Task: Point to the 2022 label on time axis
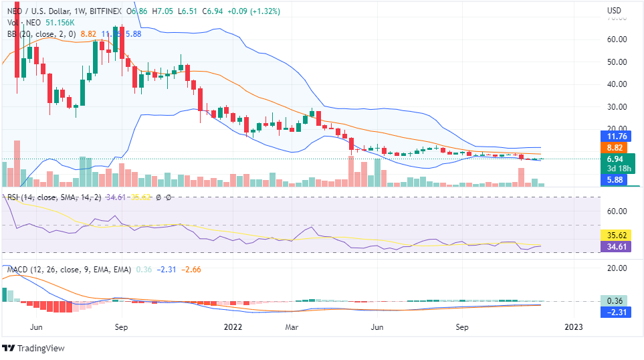click(x=232, y=327)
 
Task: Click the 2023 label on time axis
click(x=573, y=327)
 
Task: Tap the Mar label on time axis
click(x=291, y=327)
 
